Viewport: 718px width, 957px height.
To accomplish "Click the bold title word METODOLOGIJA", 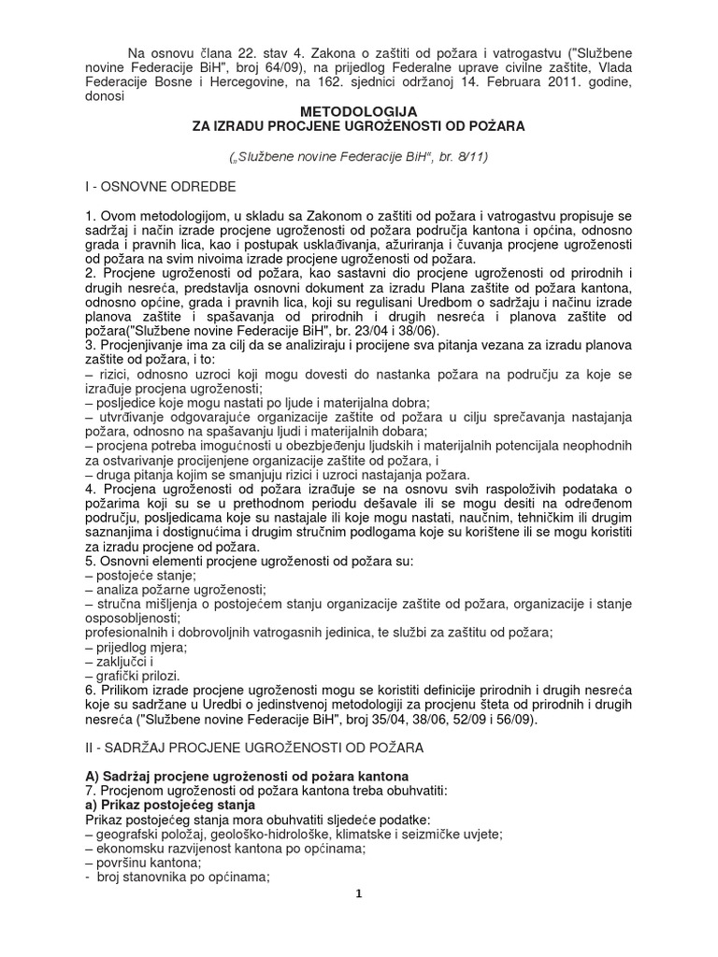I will pos(360,111).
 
